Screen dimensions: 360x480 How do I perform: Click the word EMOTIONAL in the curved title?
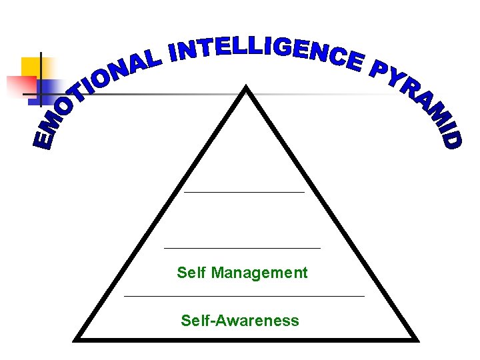93,93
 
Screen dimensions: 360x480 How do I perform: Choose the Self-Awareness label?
240,321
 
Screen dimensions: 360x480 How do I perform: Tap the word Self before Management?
191,273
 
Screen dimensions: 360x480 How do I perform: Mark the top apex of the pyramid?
247,87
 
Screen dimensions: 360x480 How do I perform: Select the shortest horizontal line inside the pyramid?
244,192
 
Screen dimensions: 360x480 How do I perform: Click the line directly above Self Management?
242,247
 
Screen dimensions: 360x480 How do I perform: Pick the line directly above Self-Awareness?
244,295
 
